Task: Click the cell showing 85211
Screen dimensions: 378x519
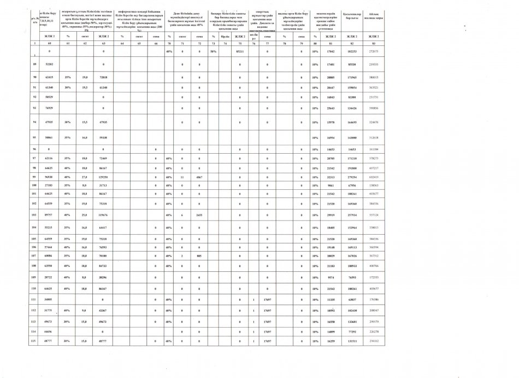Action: [x=239, y=51]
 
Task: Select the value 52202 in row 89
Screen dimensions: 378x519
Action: [x=49, y=65]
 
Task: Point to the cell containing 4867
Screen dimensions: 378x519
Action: [x=199, y=178]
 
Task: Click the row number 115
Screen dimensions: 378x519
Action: [x=35, y=341]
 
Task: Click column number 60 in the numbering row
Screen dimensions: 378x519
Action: [x=49, y=43]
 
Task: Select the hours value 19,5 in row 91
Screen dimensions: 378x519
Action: [x=85, y=87]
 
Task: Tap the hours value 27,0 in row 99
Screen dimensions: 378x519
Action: [x=85, y=178]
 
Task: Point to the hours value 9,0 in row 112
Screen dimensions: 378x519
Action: [x=85, y=310]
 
